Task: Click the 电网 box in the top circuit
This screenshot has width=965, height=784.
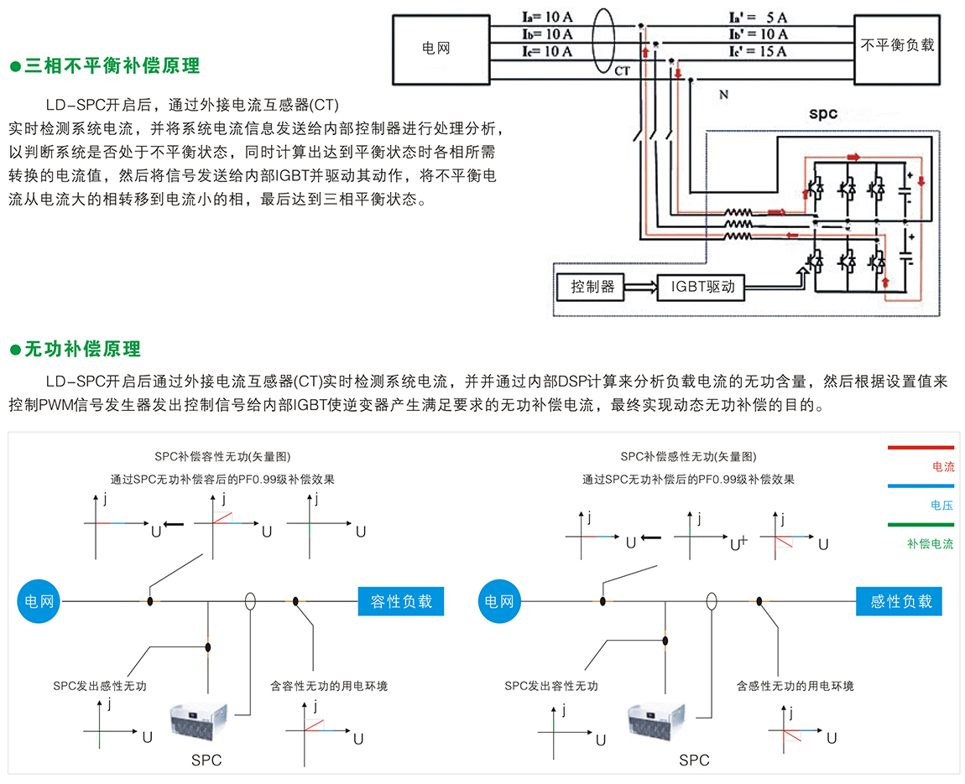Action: coord(436,49)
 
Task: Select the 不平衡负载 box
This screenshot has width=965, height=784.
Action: coord(897,45)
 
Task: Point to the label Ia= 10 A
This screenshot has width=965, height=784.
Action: coord(547,17)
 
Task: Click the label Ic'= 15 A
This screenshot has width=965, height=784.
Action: coord(758,52)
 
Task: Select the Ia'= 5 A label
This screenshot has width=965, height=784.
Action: coord(758,17)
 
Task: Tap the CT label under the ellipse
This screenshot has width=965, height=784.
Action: coord(622,71)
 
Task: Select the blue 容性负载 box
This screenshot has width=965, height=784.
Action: coord(401,601)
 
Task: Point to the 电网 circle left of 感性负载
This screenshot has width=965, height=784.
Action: coord(499,601)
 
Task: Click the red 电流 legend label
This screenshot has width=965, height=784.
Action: coord(943,467)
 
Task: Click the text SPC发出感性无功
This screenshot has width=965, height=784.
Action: coord(99,686)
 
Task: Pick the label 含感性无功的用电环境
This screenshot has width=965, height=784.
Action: coord(795,686)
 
